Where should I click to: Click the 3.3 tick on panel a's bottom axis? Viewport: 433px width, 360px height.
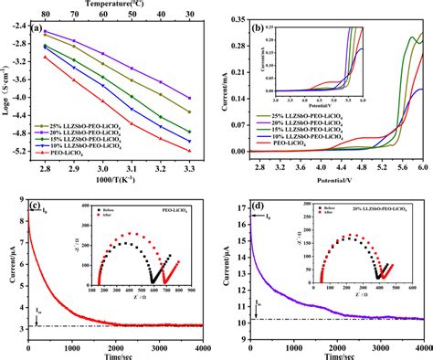(x=189, y=158)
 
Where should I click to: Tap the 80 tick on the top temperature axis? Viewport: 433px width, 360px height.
(x=44, y=15)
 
